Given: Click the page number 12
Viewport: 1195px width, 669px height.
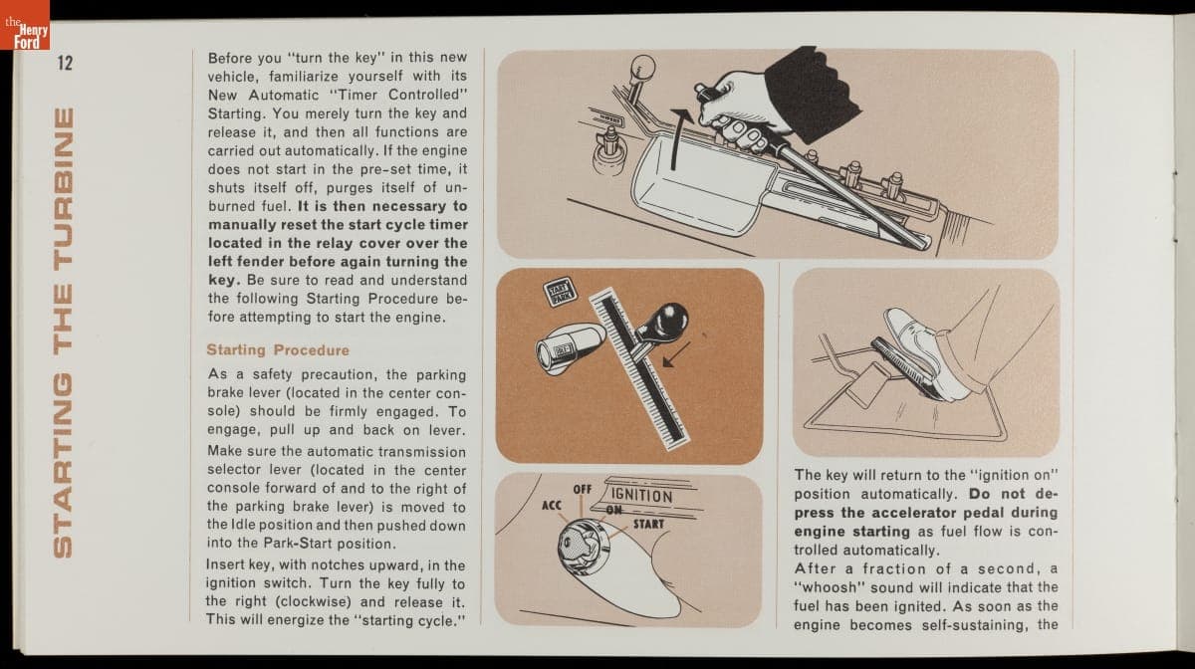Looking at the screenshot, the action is [x=65, y=63].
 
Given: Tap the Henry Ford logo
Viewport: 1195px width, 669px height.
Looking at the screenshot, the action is [x=25, y=25].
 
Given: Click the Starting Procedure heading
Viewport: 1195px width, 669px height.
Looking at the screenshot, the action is [x=278, y=350].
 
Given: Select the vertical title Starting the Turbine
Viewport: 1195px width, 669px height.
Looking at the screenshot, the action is [x=64, y=333].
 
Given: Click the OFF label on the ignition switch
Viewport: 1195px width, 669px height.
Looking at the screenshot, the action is [x=582, y=489].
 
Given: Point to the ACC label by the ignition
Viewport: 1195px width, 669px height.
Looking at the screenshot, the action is [x=551, y=505].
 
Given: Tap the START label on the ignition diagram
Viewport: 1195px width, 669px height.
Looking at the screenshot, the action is [x=648, y=524].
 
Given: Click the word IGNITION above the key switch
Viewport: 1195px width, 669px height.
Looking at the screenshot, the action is [x=641, y=496].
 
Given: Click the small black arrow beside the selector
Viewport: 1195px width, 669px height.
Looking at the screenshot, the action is [x=676, y=354].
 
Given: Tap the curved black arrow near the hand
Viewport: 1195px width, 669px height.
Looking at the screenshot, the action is [x=678, y=137].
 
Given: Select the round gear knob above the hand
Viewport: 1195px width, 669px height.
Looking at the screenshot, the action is [x=642, y=68].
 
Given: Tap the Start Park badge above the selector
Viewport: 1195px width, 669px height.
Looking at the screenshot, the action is [x=560, y=292].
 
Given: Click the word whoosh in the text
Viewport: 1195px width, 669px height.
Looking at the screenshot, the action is [x=830, y=587].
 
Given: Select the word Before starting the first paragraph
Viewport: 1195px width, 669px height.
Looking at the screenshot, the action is [x=230, y=57].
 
